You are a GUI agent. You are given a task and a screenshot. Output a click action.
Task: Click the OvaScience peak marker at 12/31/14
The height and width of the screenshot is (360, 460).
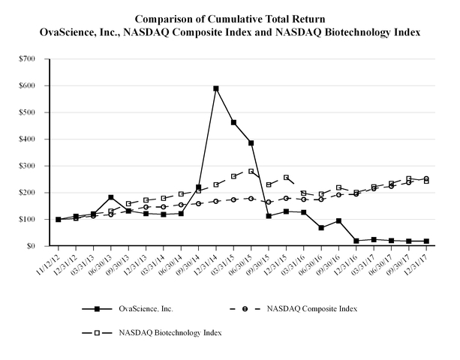tap(216, 88)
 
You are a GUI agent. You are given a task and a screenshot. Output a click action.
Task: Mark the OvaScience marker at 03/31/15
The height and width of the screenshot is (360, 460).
tap(233, 122)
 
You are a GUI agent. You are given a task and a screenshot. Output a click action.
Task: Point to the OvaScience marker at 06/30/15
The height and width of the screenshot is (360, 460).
tap(251, 142)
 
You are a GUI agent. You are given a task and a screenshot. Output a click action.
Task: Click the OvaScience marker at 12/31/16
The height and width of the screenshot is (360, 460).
tap(356, 241)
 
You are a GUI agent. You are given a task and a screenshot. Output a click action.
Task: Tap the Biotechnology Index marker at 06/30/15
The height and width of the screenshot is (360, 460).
tap(251, 171)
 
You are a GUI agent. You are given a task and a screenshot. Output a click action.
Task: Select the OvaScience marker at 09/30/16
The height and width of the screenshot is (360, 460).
tap(338, 220)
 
